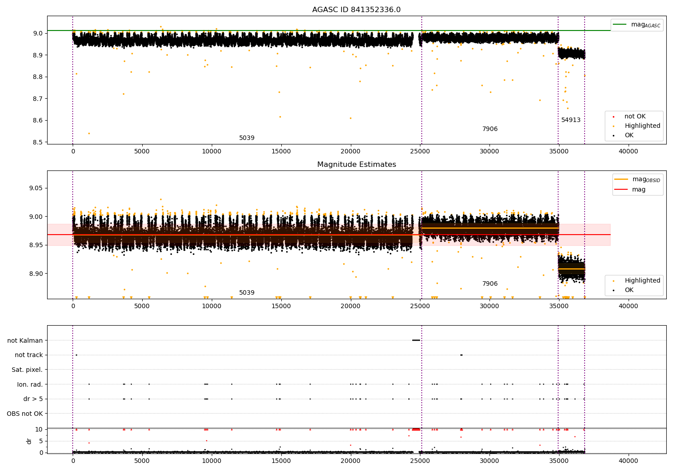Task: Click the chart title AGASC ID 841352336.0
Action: (x=356, y=10)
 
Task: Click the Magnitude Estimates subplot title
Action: (x=356, y=165)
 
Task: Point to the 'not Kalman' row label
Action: (x=25, y=340)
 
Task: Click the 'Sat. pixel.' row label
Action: (x=27, y=370)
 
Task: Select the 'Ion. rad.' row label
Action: (x=30, y=384)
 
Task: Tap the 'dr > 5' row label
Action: (x=33, y=399)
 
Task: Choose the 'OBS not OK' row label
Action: (x=25, y=414)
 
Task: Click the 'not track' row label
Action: (x=29, y=355)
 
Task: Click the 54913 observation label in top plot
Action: (x=571, y=120)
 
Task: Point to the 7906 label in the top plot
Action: (x=489, y=129)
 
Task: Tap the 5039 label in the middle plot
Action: (x=246, y=293)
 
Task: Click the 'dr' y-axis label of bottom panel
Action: (x=29, y=441)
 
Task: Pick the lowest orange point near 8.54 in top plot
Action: (x=89, y=133)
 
